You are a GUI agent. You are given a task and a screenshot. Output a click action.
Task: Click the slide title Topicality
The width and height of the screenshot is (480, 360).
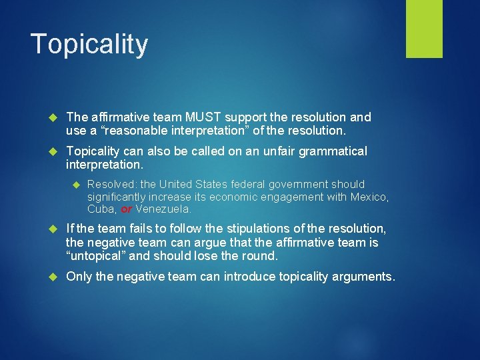89,45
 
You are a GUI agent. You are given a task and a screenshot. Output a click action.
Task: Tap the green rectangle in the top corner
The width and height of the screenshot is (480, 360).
424,29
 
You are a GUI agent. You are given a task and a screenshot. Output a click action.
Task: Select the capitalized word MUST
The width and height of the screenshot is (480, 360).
199,117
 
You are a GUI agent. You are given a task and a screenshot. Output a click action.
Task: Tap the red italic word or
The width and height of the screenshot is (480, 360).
127,209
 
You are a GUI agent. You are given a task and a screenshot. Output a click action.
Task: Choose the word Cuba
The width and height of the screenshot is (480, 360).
101,209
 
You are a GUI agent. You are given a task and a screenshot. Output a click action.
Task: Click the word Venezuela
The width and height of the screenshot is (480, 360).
163,209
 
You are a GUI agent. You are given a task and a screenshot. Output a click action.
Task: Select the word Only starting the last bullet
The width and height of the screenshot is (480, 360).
79,277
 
